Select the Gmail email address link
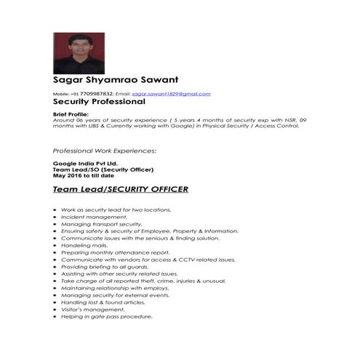click(x=171, y=94)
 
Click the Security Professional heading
click(x=99, y=103)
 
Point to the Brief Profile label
click(x=71, y=114)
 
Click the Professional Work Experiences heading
click(x=105, y=151)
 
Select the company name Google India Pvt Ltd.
click(x=85, y=164)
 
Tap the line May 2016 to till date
click(x=84, y=175)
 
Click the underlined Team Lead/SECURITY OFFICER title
click(x=121, y=190)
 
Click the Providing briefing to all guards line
click(x=100, y=266)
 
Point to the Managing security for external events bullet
click(x=105, y=295)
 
